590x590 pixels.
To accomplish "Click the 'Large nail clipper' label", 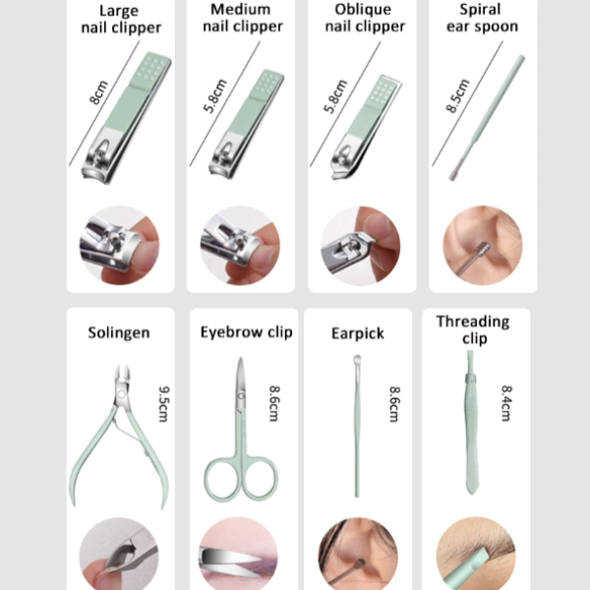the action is (121, 20).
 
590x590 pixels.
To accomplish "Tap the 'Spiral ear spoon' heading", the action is (482, 18).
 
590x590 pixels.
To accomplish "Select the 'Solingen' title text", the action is (119, 332).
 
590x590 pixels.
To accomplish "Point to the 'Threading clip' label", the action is (473, 329).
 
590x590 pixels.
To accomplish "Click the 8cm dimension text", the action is (98, 92).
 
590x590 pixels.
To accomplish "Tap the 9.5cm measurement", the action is (163, 404).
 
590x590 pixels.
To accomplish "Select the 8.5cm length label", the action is (457, 96).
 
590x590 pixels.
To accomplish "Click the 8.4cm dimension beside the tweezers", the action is (506, 403).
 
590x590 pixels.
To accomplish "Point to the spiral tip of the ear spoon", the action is (454, 174).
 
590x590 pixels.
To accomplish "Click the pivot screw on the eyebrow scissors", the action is (241, 395).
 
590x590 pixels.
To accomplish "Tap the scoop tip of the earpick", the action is (357, 360).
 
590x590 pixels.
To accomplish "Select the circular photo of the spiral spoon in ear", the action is (483, 245).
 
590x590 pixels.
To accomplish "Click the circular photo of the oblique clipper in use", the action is (361, 245).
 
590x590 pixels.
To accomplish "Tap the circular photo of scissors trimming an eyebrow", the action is (239, 554).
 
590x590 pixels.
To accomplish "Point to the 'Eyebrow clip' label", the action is (246, 332).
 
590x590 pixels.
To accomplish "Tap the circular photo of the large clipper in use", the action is (119, 245).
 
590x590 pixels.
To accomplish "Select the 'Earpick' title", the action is (358, 333).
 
